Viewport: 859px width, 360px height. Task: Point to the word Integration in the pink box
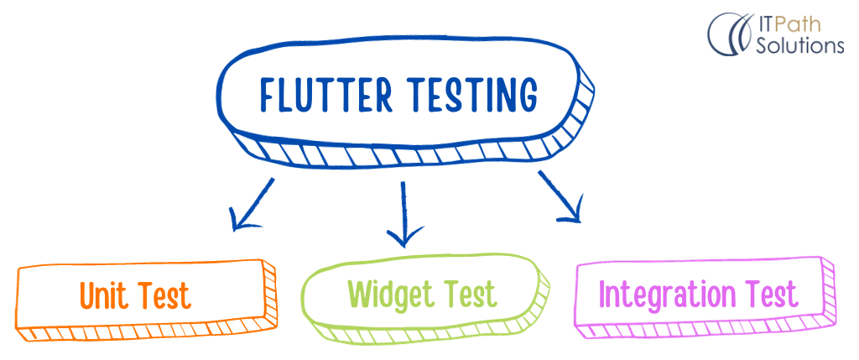tap(663, 295)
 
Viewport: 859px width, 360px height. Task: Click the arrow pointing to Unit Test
tap(251, 205)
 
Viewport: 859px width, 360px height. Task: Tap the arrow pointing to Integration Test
tap(560, 198)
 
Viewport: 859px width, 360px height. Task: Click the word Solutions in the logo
tap(800, 45)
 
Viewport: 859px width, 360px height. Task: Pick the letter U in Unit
tap(88, 296)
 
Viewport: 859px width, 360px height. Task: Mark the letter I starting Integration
tap(604, 295)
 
